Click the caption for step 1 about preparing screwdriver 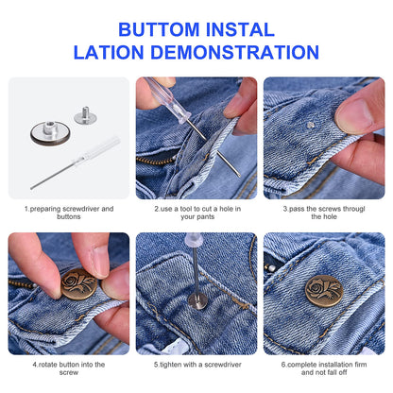[68, 213]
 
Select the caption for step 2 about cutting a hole [196, 213]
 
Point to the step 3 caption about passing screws [323, 213]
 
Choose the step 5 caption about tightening [196, 363]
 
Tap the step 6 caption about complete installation [323, 367]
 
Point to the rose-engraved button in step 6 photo [323, 290]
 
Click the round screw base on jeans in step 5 [197, 301]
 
